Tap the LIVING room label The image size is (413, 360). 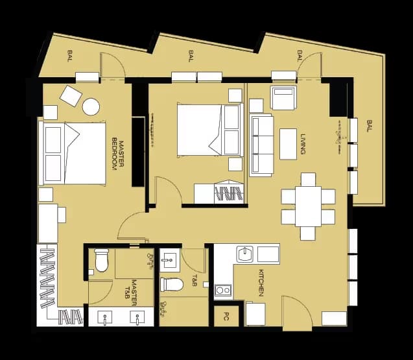(303, 144)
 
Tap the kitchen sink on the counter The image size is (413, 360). (246, 253)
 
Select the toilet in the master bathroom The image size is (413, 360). (102, 259)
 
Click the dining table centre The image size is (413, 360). (308, 206)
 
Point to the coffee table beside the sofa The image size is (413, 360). (288, 143)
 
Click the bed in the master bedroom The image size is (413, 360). (73, 154)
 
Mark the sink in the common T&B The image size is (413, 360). (171, 261)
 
